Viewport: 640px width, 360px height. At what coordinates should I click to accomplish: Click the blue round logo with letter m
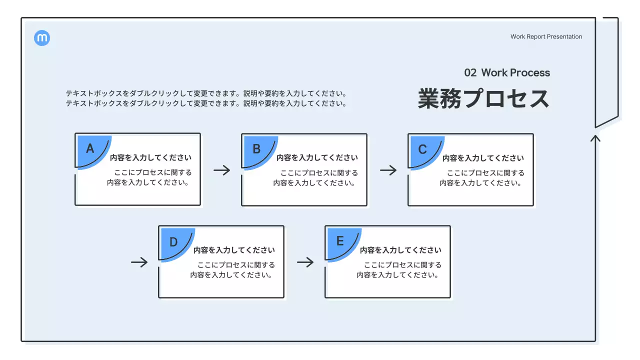click(42, 38)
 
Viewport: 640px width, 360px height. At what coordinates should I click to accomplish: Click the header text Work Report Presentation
click(546, 36)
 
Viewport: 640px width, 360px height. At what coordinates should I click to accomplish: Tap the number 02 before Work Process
click(470, 73)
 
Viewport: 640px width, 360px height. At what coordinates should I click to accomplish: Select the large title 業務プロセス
click(483, 98)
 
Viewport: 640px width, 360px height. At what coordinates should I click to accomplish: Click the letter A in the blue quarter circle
click(90, 148)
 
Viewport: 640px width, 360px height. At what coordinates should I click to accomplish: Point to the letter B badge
click(256, 148)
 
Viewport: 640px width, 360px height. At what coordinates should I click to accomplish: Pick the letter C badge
click(422, 149)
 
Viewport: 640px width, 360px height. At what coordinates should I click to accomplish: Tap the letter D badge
click(173, 242)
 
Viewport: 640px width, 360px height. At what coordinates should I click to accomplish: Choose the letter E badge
click(340, 241)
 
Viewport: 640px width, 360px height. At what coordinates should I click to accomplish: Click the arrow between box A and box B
click(222, 170)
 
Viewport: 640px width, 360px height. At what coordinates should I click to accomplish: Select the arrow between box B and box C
click(388, 170)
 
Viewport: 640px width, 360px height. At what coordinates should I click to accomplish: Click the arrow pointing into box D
click(139, 262)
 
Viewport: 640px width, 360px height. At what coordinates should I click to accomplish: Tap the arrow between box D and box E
click(305, 262)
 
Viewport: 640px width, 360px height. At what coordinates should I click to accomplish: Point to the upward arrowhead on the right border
click(595, 137)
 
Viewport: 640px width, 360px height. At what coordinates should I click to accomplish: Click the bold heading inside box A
click(150, 158)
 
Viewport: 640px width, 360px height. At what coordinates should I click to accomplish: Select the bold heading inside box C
click(483, 158)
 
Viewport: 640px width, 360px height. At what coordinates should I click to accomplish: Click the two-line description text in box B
click(315, 178)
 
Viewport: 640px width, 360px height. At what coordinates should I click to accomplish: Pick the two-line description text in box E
click(399, 270)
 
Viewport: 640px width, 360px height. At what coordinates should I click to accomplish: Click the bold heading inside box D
click(234, 250)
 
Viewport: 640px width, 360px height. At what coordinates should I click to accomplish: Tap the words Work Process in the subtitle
click(515, 73)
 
